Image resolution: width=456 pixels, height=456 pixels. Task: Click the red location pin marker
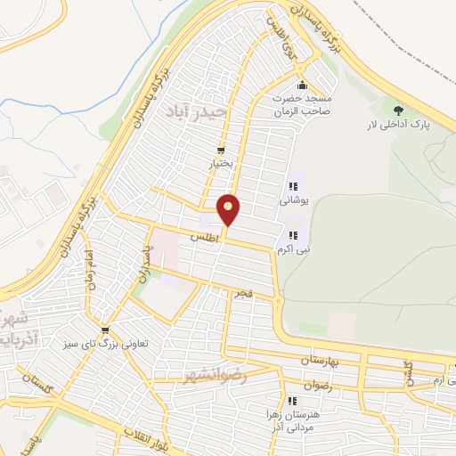click(x=229, y=209)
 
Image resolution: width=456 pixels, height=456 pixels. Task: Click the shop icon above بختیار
click(x=221, y=150)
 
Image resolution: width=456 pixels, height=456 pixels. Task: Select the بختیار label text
click(x=220, y=164)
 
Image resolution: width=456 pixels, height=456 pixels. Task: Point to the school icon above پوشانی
click(x=292, y=187)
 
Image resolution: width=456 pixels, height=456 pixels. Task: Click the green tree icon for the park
click(x=397, y=110)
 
